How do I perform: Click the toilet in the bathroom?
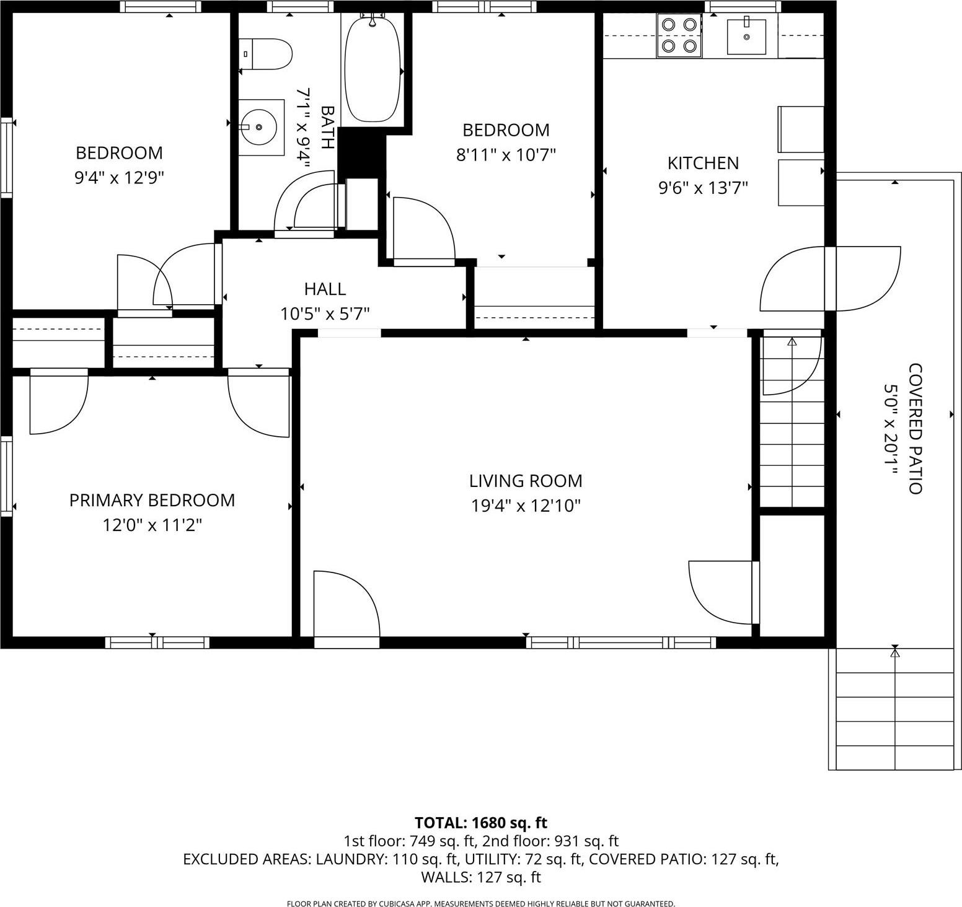tap(267, 55)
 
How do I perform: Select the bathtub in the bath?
tap(372, 69)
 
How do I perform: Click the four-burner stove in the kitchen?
tap(679, 35)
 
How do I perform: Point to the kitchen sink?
tap(746, 37)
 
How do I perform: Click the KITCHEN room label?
tap(703, 163)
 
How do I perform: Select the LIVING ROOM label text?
tap(525, 481)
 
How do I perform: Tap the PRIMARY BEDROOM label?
tap(152, 500)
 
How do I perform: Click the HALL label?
tap(325, 289)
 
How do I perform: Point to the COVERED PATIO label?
tap(915, 429)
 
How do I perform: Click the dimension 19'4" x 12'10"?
tap(526, 506)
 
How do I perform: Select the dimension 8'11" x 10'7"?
tap(506, 154)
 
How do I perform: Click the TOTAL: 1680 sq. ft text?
tap(480, 823)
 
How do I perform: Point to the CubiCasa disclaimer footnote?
tap(480, 904)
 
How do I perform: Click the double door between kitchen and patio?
tap(830, 279)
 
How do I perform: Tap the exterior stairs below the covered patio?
tap(894, 709)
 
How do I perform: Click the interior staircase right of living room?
tap(792, 421)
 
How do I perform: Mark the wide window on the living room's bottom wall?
tap(621, 642)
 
